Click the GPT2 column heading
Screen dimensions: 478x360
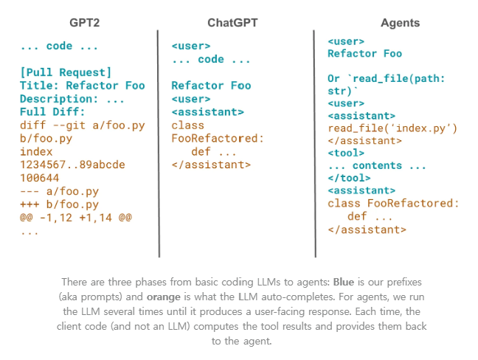(84, 23)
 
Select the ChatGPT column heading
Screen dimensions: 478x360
(232, 23)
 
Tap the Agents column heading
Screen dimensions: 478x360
(400, 23)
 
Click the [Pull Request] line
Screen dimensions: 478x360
(66, 72)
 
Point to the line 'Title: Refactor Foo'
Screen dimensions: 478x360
(83, 86)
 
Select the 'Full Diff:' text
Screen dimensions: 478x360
(52, 112)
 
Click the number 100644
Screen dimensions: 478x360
(40, 178)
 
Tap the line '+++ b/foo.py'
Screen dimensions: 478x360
(60, 204)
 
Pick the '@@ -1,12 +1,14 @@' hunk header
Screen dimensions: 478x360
(76, 218)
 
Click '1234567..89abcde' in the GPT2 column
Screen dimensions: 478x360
(72, 165)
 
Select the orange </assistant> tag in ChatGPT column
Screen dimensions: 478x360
(211, 165)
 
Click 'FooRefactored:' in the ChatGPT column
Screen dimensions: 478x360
(218, 139)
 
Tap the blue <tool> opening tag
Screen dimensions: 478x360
(346, 153)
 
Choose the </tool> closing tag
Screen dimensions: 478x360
(349, 178)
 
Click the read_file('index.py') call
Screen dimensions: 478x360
(392, 128)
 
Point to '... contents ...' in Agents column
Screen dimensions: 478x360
(377, 165)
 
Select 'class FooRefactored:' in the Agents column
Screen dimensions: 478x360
(393, 203)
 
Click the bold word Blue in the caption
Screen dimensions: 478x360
(344, 282)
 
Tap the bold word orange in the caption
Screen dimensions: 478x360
(164, 297)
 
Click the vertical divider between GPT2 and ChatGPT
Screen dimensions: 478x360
(159, 144)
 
